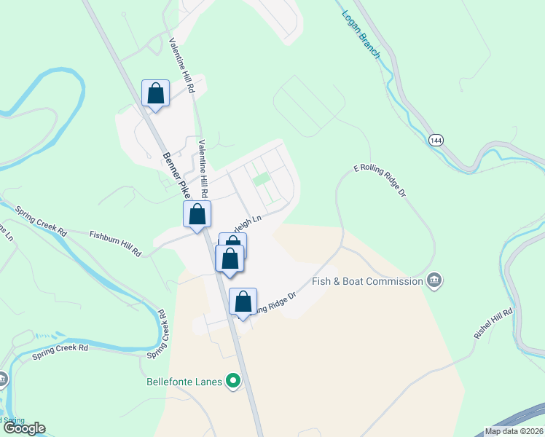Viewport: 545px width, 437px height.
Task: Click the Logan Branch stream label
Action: click(361, 35)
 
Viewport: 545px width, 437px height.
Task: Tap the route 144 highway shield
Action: click(436, 140)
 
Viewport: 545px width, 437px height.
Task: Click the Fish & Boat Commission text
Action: click(367, 281)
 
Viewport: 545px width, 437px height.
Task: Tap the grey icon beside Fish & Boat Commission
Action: click(434, 280)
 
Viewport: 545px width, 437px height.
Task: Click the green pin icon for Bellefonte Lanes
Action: click(233, 380)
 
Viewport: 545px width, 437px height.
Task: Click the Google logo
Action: click(24, 428)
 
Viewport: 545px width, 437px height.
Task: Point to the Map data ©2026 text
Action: click(514, 431)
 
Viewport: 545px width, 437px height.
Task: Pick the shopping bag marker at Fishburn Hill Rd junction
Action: click(197, 215)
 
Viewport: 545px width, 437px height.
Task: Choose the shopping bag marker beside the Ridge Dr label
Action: click(243, 302)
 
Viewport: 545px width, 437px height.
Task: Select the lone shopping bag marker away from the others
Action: click(155, 93)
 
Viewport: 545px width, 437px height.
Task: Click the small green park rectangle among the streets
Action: click(261, 178)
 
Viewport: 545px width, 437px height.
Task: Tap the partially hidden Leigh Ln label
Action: click(248, 218)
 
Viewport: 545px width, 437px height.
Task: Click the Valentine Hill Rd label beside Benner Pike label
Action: click(205, 168)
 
